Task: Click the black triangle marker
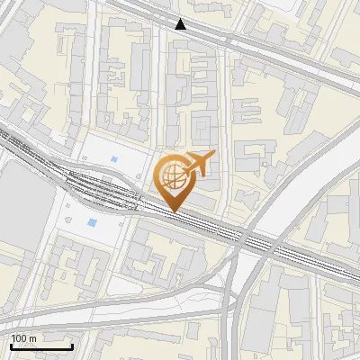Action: pyautogui.click(x=181, y=24)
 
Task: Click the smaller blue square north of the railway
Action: pyautogui.click(x=113, y=160)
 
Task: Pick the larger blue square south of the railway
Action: pyautogui.click(x=92, y=222)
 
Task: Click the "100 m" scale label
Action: pyautogui.click(x=23, y=338)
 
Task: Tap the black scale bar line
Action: pyautogui.click(x=41, y=346)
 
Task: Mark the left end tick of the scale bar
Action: pyautogui.click(x=11, y=345)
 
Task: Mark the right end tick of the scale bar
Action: pyautogui.click(x=72, y=345)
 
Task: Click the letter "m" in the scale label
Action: pyautogui.click(x=32, y=338)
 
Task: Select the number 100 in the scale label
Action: pyautogui.click(x=19, y=338)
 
